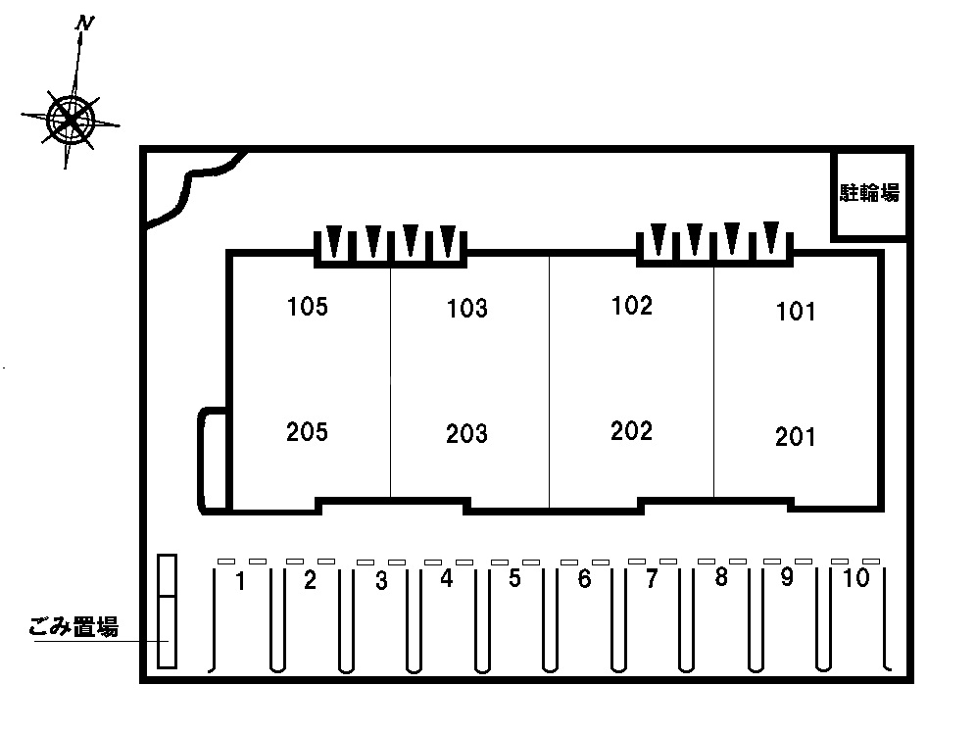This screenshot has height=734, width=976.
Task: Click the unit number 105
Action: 307,307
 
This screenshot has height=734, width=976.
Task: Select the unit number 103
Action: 466,308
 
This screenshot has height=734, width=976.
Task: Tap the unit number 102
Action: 632,306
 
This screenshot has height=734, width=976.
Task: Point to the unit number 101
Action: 796,312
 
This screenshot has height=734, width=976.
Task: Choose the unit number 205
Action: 307,432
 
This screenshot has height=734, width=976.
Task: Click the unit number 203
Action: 466,434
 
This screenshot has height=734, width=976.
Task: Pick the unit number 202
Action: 631,431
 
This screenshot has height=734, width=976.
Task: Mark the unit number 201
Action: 795,437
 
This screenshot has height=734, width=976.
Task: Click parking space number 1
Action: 240,581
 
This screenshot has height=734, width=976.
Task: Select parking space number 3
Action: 381,581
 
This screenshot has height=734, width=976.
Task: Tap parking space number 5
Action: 514,578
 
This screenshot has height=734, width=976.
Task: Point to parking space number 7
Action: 652,579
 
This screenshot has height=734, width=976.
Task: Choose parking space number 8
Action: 721,577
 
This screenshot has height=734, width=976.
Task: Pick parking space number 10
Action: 855,578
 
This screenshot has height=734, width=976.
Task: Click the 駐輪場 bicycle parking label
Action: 869,193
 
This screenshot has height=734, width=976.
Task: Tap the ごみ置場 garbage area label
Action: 73,626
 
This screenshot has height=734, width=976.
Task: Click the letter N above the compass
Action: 84,24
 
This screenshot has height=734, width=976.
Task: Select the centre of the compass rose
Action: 71,119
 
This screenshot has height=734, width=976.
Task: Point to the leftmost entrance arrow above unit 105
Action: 334,241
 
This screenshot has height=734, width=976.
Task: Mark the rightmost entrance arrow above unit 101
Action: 771,237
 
